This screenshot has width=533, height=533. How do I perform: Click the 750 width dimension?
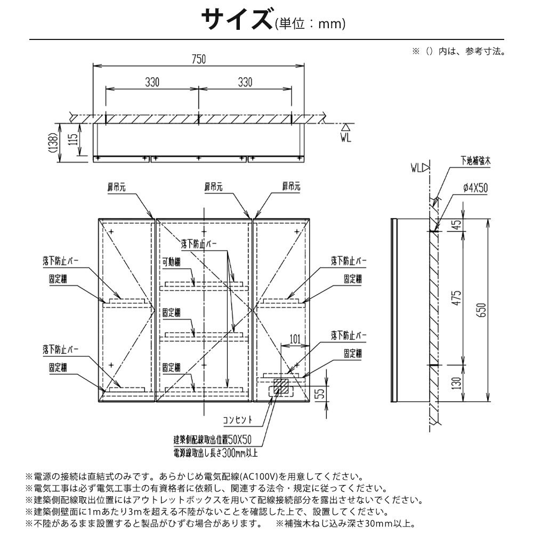198,59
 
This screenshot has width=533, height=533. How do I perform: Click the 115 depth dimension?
74,140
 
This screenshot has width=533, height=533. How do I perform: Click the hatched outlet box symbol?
281,387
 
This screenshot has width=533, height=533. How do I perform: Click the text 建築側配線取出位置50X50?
212,440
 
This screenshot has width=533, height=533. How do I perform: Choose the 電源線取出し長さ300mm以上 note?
215,453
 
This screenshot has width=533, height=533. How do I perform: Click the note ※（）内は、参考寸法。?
458,52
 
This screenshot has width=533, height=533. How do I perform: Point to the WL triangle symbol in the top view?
345,127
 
